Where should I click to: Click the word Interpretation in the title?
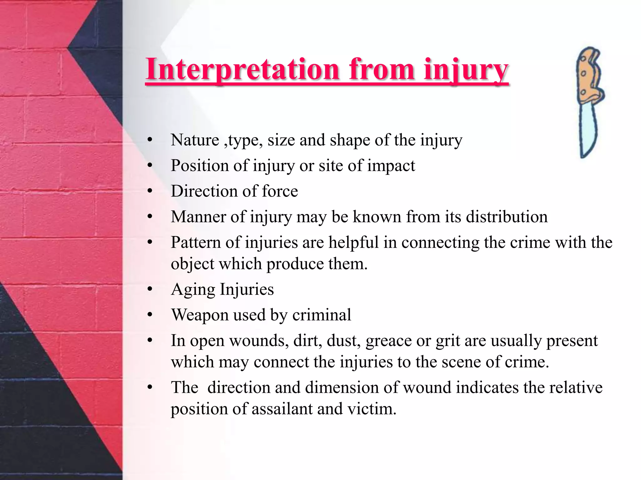click(x=243, y=69)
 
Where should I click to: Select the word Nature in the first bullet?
click(x=195, y=140)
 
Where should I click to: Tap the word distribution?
click(x=507, y=217)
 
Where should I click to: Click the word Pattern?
click(x=196, y=242)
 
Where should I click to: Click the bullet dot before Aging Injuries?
click(x=150, y=289)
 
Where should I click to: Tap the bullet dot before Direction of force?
click(x=150, y=191)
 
